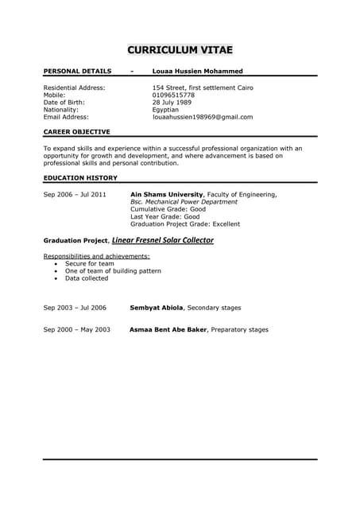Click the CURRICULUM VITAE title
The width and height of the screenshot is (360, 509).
pyautogui.click(x=180, y=50)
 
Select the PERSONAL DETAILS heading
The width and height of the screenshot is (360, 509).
pyautogui.click(x=77, y=71)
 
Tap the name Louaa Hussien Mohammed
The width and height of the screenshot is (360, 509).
pyautogui.click(x=198, y=71)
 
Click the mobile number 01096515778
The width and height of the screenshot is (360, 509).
pyautogui.click(x=173, y=95)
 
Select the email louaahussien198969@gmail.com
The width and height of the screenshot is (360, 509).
pyautogui.click(x=203, y=117)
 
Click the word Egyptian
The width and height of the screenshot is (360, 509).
pyautogui.click(x=168, y=110)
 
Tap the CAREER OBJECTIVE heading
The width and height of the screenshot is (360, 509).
pyautogui.click(x=77, y=132)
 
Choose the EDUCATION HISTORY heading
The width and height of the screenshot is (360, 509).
pyautogui.click(x=80, y=177)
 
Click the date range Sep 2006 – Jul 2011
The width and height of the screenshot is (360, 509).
pyautogui.click(x=75, y=194)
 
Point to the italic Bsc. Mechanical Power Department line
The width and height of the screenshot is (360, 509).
pyautogui.click(x=184, y=202)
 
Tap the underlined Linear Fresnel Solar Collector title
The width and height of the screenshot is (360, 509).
pyautogui.click(x=163, y=239)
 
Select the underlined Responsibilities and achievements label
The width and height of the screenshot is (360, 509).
pyautogui.click(x=96, y=256)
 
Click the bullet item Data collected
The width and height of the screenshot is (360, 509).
pyautogui.click(x=87, y=278)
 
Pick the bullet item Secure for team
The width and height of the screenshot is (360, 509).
pyautogui.click(x=90, y=263)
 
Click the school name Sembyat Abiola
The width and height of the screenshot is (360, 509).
pyautogui.click(x=157, y=307)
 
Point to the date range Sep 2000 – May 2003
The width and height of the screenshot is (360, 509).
pyautogui.click(x=76, y=329)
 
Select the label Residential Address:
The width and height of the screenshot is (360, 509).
pyautogui.click(x=74, y=87)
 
